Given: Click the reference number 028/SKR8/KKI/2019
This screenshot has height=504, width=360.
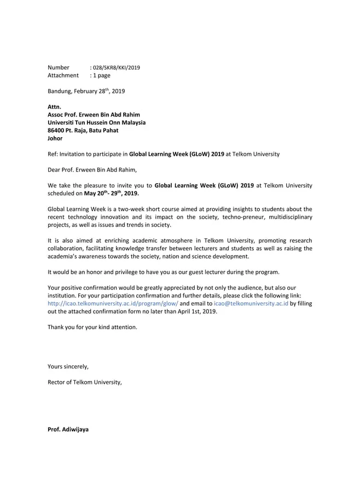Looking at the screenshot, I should pos(117,68).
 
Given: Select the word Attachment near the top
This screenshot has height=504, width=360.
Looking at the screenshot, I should pos(63,75).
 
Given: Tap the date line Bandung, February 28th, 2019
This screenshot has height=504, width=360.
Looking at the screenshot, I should pos(86,91).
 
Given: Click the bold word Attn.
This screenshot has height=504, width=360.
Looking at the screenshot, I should pos(55,107).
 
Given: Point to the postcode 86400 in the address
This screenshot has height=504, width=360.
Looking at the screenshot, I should pos(57,131).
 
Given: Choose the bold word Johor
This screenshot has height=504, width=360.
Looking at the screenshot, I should pos(55,139).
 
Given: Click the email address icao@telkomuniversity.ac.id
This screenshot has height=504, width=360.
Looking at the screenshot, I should pos(251,303).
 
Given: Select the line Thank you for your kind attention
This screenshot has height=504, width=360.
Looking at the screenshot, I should pos(92,327).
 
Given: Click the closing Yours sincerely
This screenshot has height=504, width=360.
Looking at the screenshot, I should pos(68,367).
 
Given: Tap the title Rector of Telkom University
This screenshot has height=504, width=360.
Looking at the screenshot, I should pos(85,382).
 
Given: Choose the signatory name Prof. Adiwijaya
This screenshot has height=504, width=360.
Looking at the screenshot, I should pos(68,430).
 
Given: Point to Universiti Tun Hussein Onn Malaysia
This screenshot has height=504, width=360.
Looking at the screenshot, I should pos(97,123).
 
